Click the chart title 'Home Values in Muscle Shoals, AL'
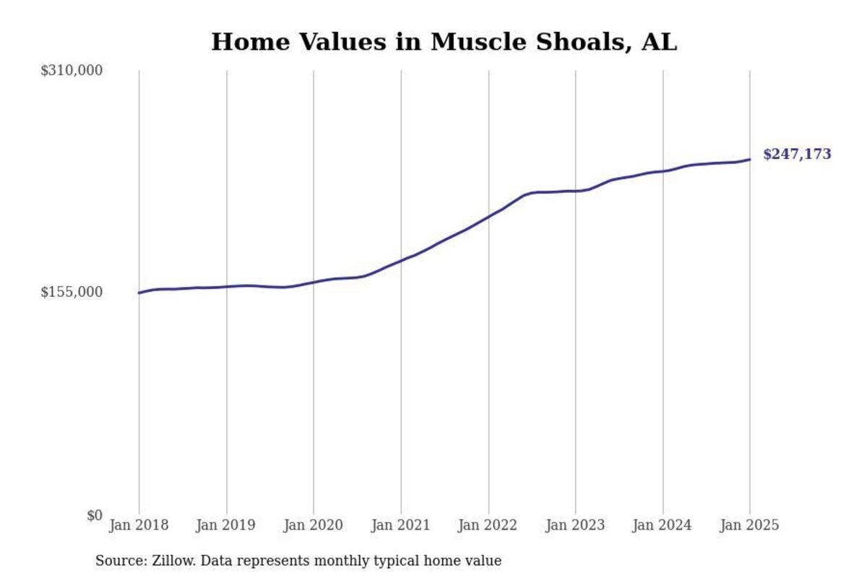pos(444,42)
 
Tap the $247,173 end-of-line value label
pos(797,154)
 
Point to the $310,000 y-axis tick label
pos(72,71)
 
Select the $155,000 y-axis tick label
pos(72,292)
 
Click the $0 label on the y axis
pos(95,515)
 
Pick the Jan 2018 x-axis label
pos(139,525)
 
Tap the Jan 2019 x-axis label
pos(226,525)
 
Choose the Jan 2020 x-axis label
pos(314,525)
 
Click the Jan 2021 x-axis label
pos(401,525)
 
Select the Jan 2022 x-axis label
pos(488,525)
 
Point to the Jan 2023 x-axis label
pos(576,525)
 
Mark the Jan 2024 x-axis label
pos(663,525)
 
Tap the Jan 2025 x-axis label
pos(749,525)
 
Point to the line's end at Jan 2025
pos(749,160)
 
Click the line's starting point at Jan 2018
pos(139,293)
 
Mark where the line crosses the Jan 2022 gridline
pos(488,217)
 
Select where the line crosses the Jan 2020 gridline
pos(314,282)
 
